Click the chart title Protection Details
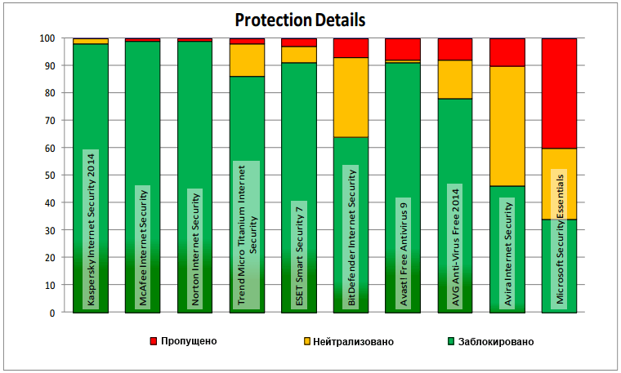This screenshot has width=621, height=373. pyautogui.click(x=300, y=19)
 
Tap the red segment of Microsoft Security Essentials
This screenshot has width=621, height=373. pyautogui.click(x=559, y=93)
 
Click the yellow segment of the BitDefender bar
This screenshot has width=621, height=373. pyautogui.click(x=351, y=97)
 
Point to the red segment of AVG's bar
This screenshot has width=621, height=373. pyautogui.click(x=455, y=49)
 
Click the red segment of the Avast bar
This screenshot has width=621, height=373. pyautogui.click(x=403, y=49)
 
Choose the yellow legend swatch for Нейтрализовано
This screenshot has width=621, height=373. pyautogui.click(x=307, y=340)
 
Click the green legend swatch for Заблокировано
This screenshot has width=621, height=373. pyautogui.click(x=451, y=340)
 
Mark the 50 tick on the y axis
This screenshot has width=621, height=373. pyautogui.click(x=49, y=175)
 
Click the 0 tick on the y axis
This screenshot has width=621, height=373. pyautogui.click(x=51, y=313)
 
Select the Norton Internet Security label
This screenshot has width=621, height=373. pyautogui.click(x=194, y=248)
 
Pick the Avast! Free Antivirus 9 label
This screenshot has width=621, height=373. pyautogui.click(x=403, y=253)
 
